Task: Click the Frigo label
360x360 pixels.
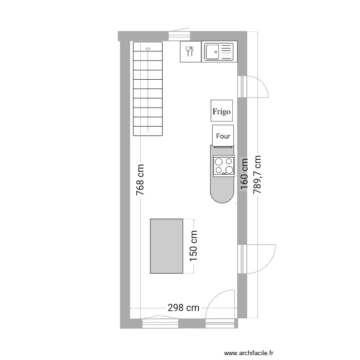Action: pos(222,111)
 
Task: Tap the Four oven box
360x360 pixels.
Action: pos(223,136)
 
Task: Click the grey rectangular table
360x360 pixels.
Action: pos(167,246)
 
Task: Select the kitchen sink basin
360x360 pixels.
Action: pos(213,51)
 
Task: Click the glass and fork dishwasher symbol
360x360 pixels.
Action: pos(189,51)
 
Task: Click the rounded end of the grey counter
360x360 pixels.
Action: pos(222,195)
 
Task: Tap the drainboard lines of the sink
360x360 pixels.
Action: pos(227,51)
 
